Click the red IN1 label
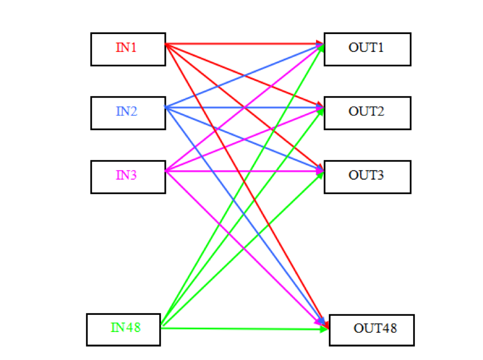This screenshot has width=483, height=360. tap(127, 47)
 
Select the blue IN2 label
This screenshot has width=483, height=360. tap(127, 111)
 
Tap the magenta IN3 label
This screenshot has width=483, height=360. tap(127, 175)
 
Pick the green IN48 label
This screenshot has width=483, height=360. tap(126, 328)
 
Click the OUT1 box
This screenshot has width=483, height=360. tap(367, 49)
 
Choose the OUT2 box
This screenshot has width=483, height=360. tap(367, 112)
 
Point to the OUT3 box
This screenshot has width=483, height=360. tap(367, 176)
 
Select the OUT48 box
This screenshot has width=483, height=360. tap(373, 329)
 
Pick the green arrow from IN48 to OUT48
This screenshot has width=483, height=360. tap(246, 329)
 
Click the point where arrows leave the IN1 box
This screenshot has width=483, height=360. tap(166, 44)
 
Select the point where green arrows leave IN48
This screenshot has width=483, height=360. tap(161, 326)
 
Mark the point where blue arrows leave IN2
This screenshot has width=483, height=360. tap(166, 107)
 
